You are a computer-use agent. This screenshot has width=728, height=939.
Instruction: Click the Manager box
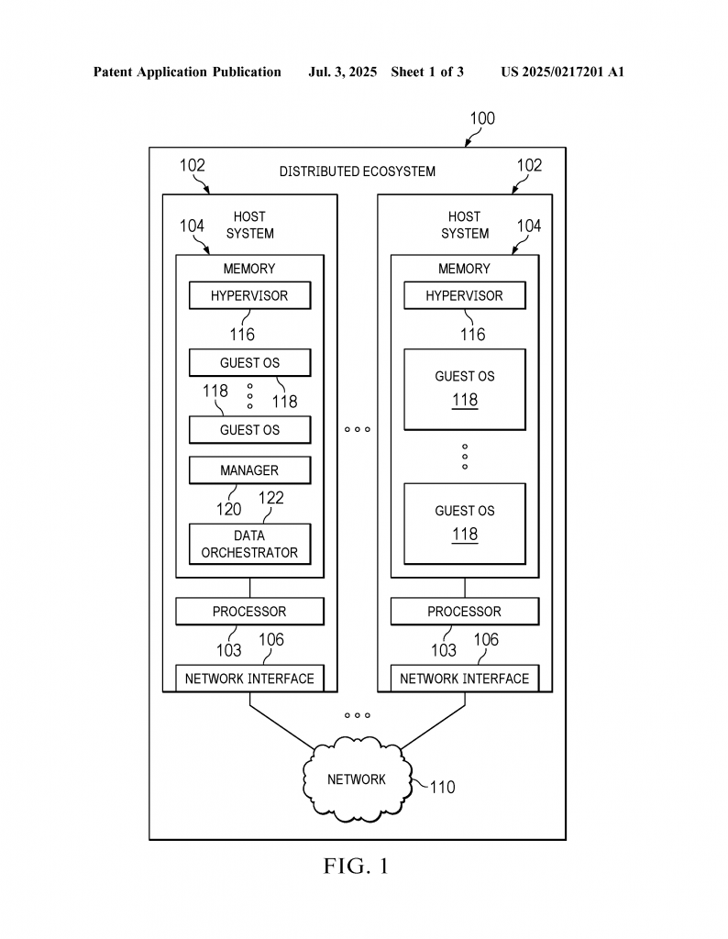tap(249, 470)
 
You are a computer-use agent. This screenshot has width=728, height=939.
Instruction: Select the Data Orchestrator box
tap(249, 544)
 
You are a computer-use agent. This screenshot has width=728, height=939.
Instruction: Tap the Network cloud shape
tap(358, 779)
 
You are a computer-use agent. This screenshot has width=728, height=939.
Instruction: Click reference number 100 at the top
tap(482, 118)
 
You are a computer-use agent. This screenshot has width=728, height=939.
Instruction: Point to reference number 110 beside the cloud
tap(443, 787)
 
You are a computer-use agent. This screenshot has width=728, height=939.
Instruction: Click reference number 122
tap(271, 498)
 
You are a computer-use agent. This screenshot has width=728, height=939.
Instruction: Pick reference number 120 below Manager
tap(228, 509)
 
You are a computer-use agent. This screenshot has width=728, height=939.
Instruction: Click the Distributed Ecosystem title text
tap(358, 171)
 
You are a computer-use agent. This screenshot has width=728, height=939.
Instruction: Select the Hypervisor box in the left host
tap(249, 295)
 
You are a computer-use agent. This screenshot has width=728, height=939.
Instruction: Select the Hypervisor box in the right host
tap(465, 295)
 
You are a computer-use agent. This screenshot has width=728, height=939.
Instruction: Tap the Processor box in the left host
tap(249, 612)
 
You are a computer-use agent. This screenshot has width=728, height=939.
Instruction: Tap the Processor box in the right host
tap(465, 612)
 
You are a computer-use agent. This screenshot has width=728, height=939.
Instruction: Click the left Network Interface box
tap(249, 679)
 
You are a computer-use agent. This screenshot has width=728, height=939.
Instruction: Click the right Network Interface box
tap(465, 679)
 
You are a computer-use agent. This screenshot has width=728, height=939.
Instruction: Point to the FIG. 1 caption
tap(357, 866)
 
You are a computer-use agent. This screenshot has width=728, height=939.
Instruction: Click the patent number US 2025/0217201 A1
tap(563, 72)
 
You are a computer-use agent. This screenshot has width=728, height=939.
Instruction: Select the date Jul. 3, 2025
tap(342, 72)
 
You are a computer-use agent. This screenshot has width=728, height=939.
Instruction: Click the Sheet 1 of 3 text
tap(427, 72)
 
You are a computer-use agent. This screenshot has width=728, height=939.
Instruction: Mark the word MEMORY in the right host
tap(464, 269)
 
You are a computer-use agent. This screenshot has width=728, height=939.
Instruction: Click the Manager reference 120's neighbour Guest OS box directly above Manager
tap(249, 430)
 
